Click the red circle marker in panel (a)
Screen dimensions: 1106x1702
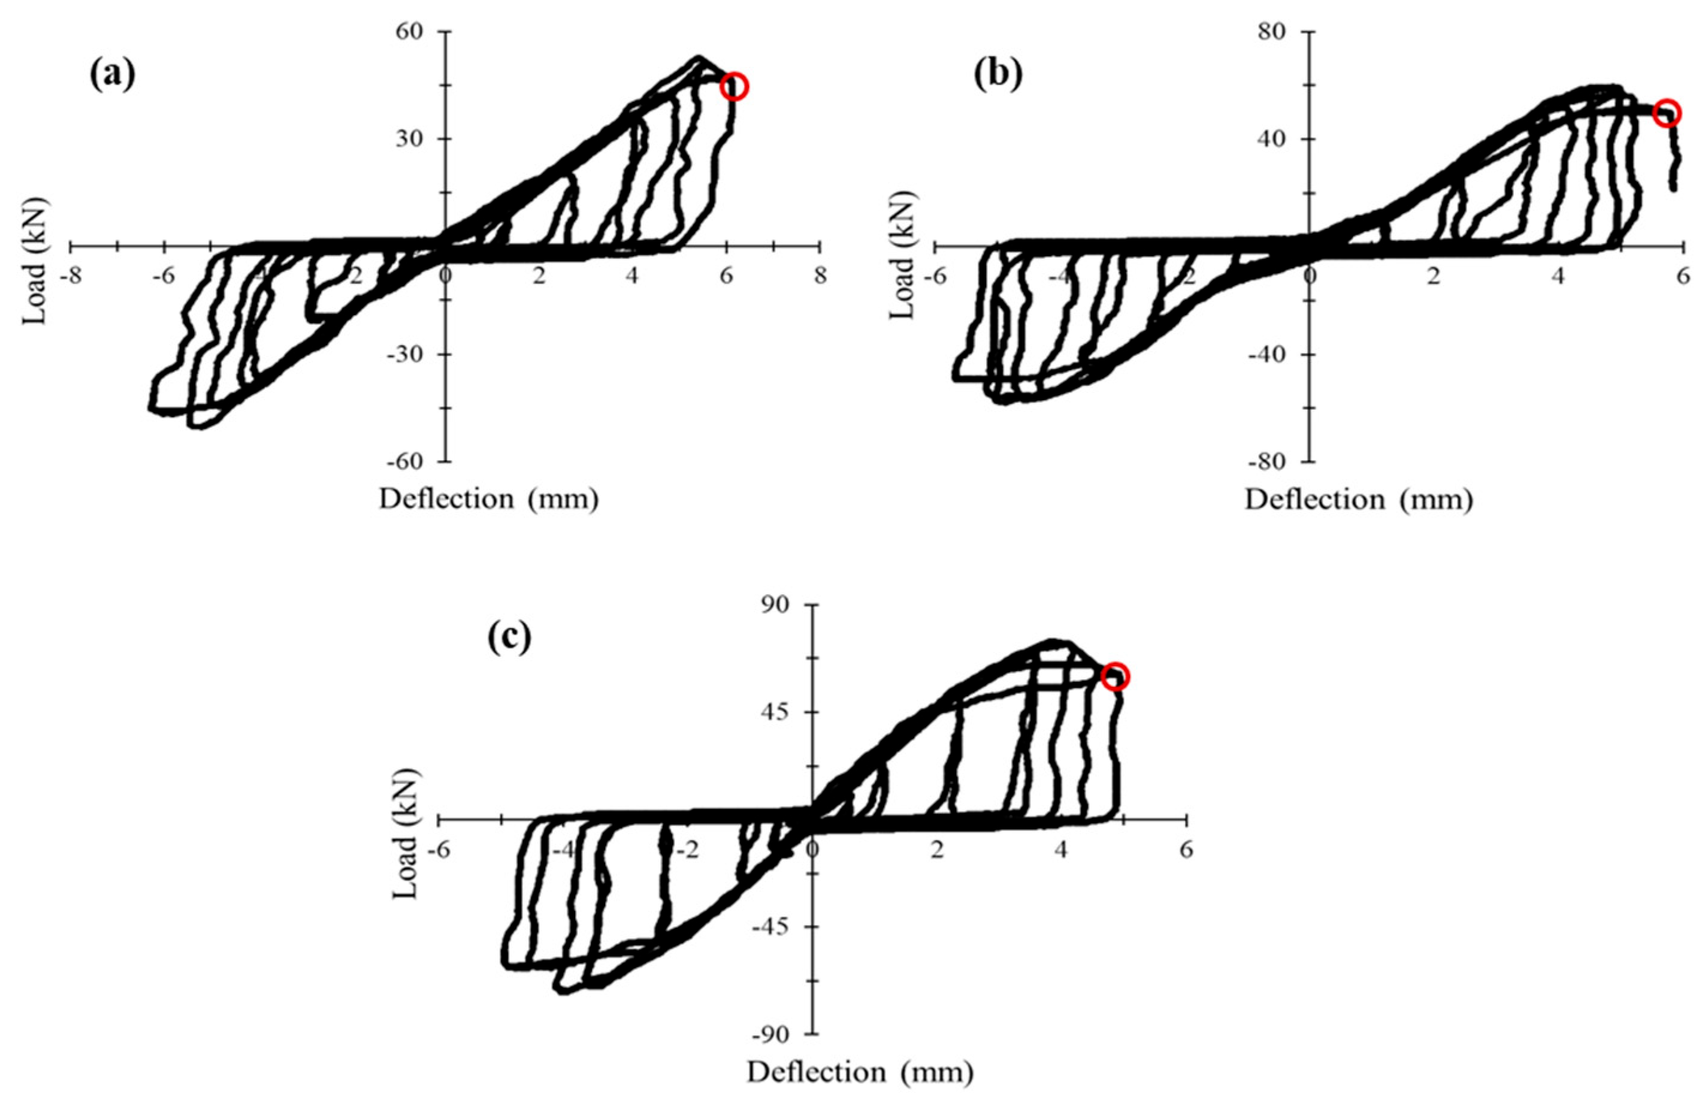point(734,86)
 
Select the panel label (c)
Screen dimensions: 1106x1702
point(510,637)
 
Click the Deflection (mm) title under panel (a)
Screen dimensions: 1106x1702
point(489,499)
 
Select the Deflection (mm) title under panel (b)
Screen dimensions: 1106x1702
point(1359,499)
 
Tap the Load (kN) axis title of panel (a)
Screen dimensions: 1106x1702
point(34,262)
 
